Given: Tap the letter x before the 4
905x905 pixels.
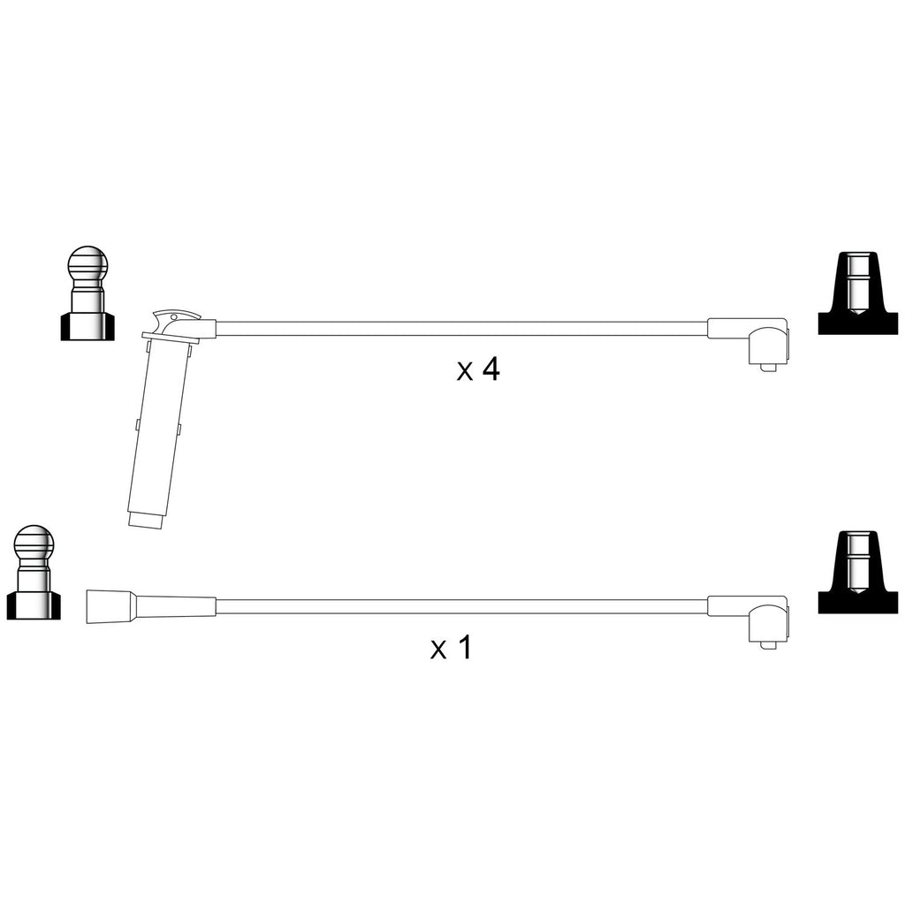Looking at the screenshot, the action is (465, 372).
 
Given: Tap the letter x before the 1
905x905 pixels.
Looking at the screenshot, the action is (438, 650).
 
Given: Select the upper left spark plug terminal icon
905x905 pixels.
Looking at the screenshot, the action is (87, 293).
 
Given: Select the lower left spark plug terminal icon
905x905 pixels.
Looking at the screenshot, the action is (34, 573).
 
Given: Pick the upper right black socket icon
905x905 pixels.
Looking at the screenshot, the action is (858, 293).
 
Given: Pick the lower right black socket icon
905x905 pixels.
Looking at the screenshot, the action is (858, 572).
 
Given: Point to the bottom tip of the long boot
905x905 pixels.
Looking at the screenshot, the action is (146, 526).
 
